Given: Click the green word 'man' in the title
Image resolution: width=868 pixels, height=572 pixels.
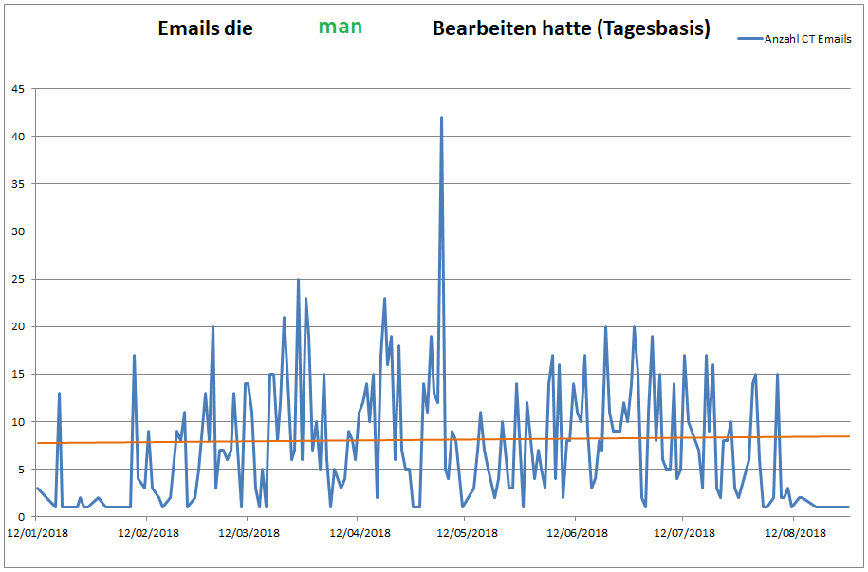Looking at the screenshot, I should (x=340, y=27).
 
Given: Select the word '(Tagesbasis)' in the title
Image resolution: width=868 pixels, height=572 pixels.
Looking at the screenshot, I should (x=654, y=28).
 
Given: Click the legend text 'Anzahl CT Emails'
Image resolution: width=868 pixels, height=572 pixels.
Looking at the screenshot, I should (x=807, y=39).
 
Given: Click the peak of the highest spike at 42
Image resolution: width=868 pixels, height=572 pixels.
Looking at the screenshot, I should (x=441, y=118).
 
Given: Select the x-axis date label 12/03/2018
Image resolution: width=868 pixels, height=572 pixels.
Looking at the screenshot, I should (x=249, y=534).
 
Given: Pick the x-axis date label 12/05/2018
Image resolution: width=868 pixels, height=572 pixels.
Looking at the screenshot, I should (x=466, y=534).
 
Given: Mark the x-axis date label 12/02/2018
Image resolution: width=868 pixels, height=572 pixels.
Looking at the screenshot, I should (x=148, y=534).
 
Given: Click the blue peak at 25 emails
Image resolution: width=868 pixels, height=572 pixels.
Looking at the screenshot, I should (x=298, y=279).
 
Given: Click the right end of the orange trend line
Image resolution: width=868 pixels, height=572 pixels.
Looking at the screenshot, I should (x=849, y=436).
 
